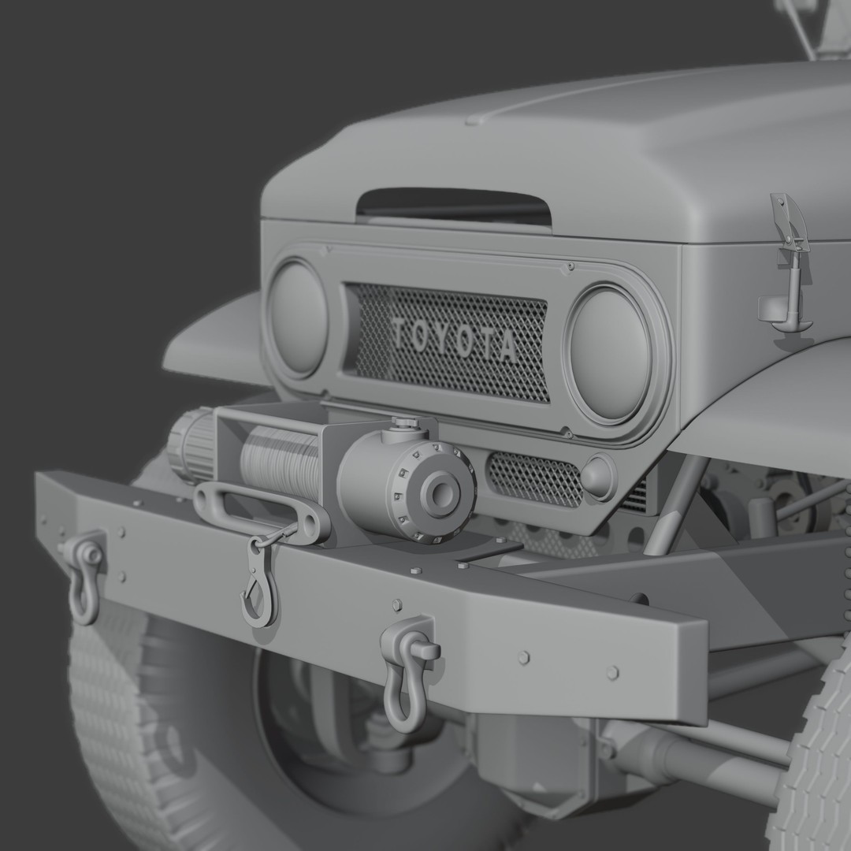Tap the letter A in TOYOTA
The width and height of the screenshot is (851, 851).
pyautogui.click(x=506, y=347)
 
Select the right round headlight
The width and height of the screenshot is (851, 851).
pyautogui.click(x=609, y=352)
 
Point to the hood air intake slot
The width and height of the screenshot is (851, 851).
pyautogui.click(x=453, y=204)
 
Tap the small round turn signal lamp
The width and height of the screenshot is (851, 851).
pyautogui.click(x=598, y=478)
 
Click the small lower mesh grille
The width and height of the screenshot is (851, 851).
pyautogui.click(x=534, y=478)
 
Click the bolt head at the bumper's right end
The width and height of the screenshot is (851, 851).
pyautogui.click(x=612, y=672)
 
